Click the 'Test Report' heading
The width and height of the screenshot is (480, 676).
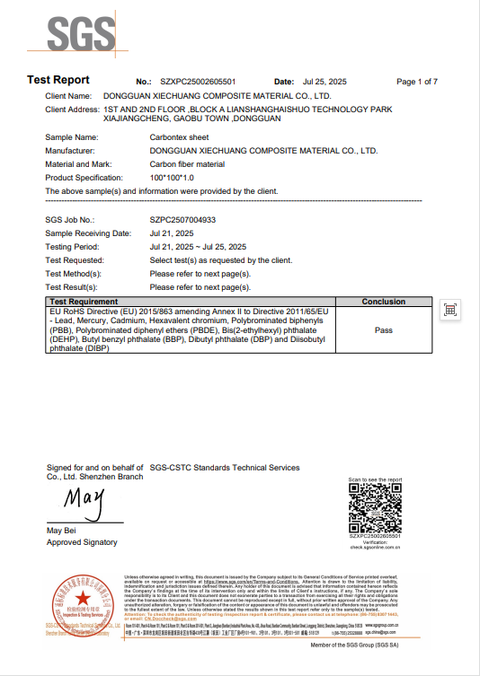(58, 80)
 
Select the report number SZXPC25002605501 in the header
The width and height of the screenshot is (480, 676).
(199, 81)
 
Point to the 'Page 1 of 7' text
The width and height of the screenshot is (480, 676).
(416, 81)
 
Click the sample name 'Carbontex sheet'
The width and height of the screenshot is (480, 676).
(180, 137)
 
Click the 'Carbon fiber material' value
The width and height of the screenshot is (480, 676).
(187, 164)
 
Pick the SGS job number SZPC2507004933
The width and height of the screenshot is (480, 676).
(183, 219)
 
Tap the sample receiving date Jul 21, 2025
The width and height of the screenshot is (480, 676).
(173, 233)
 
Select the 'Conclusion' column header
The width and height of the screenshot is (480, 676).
(383, 302)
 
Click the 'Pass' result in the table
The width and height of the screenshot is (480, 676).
(383, 330)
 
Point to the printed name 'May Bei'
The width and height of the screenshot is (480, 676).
(62, 532)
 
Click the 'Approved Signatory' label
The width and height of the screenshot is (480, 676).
(82, 542)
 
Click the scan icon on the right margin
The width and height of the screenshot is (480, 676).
(451, 310)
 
